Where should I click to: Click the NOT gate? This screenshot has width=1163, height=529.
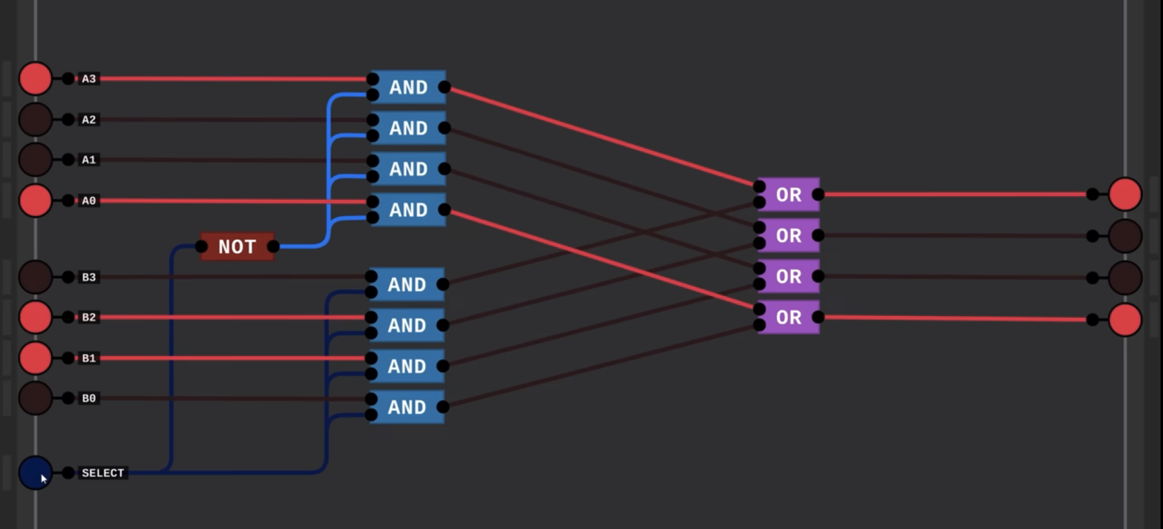pos(237,246)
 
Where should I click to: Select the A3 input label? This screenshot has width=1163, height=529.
pos(89,79)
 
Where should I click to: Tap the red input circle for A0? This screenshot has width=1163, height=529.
pos(35,200)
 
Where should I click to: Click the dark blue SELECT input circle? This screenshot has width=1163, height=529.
pos(35,473)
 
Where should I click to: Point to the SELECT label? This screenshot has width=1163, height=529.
pos(103,473)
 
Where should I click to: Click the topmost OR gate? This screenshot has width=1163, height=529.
pos(788,194)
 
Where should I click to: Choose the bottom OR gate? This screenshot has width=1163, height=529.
pos(788,317)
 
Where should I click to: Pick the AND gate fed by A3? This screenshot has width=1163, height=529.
pos(408,87)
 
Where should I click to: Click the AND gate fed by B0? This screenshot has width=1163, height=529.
pos(407,407)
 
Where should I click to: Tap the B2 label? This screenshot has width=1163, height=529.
pos(89,317)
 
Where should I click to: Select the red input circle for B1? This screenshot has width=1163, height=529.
pos(35,358)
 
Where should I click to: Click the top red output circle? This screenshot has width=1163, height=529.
pos(1125,194)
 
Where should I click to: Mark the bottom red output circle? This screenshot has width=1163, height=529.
pos(1125,320)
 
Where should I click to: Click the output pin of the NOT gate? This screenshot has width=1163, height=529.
pos(273,246)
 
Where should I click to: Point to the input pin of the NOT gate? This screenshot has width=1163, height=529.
pos(201,246)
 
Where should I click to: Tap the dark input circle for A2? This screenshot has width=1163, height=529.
pos(35,119)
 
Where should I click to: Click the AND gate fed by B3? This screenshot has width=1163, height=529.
pos(407,284)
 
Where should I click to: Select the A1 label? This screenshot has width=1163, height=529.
pos(89,160)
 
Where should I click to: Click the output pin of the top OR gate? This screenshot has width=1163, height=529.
pos(818,194)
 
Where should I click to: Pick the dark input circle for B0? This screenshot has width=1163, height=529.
pos(35,398)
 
